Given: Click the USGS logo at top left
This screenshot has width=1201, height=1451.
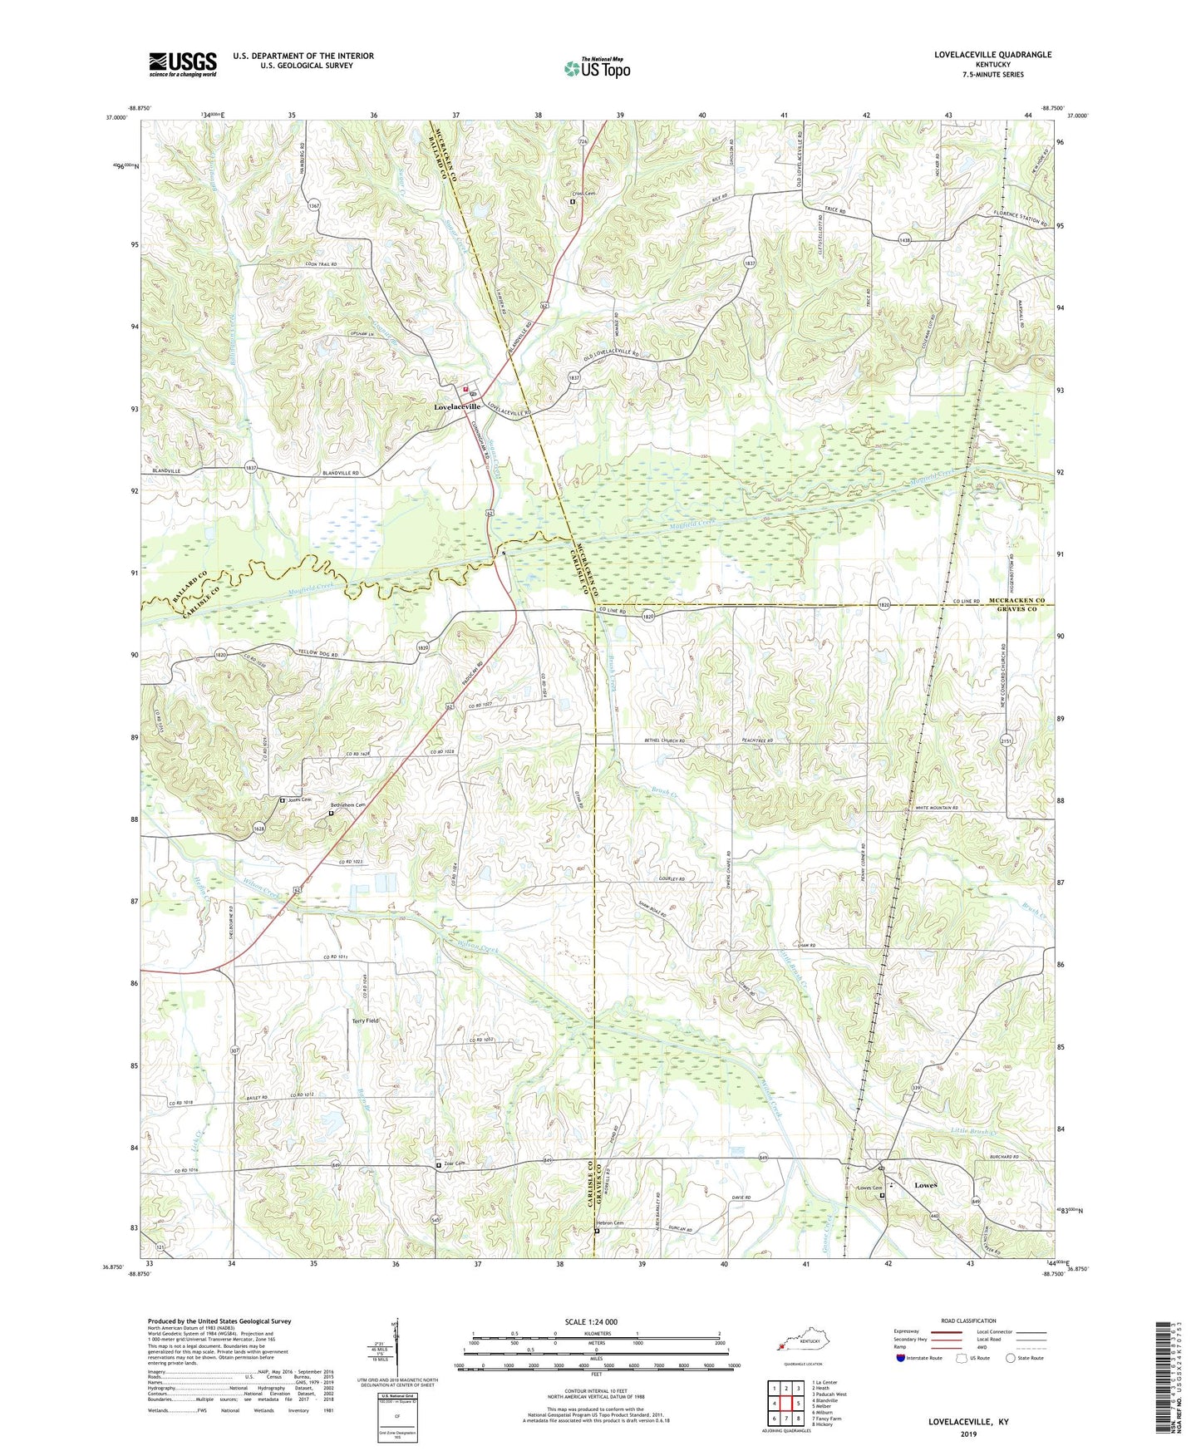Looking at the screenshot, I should pyautogui.click(x=183, y=64).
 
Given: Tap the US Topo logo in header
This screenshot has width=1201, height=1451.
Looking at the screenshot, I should pyautogui.click(x=596, y=68).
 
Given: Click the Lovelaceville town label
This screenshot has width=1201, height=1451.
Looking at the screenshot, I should pyautogui.click(x=457, y=406).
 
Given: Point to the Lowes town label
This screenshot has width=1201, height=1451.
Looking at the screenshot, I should pyautogui.click(x=925, y=1185).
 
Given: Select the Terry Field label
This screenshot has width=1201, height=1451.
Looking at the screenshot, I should pyautogui.click(x=365, y=1021).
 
